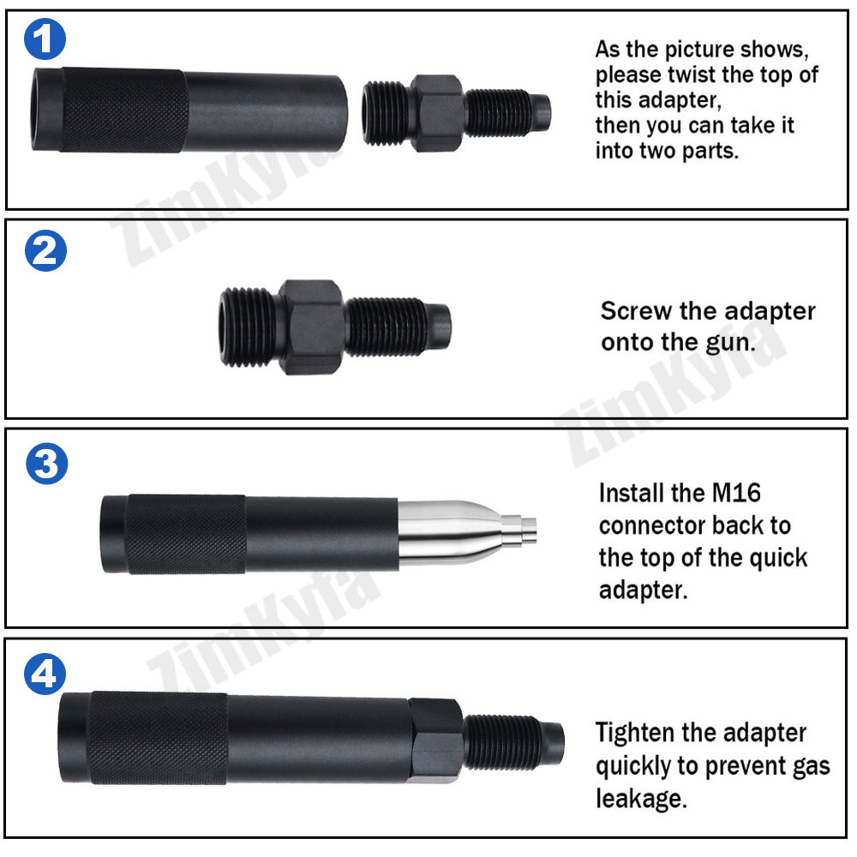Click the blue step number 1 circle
[x=43, y=39]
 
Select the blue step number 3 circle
[x=43, y=464]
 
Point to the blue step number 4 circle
[x=43, y=677]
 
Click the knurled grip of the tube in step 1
[x=124, y=110]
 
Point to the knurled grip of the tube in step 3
[x=187, y=533]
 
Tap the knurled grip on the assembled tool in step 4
[x=159, y=739]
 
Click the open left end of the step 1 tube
[x=43, y=110]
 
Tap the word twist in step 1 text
[x=693, y=75]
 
